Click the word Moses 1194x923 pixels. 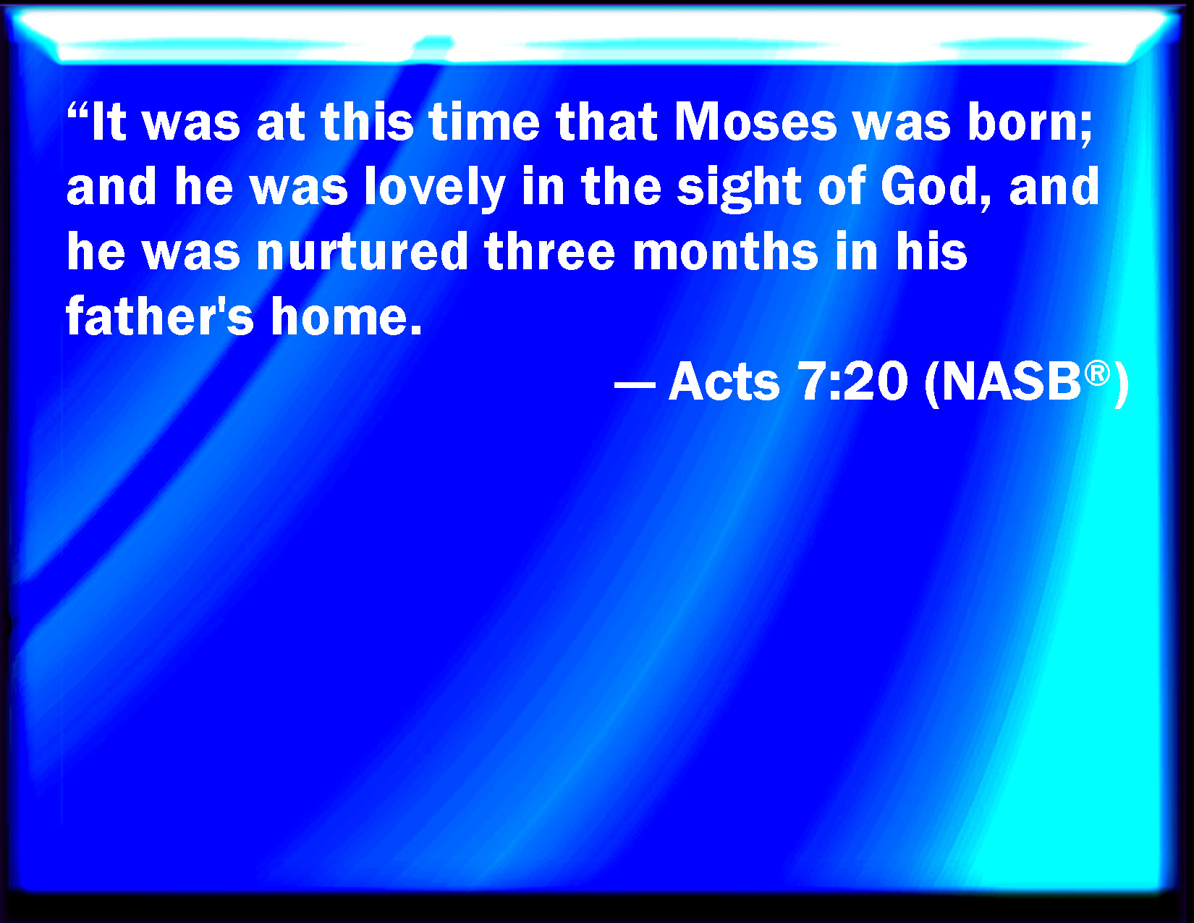coord(755,122)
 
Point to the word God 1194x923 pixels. coord(935,187)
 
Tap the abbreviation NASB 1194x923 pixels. coord(1012,382)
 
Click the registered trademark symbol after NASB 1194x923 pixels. coord(1097,374)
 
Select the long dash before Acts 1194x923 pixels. coord(635,384)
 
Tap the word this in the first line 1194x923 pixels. coord(368,122)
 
